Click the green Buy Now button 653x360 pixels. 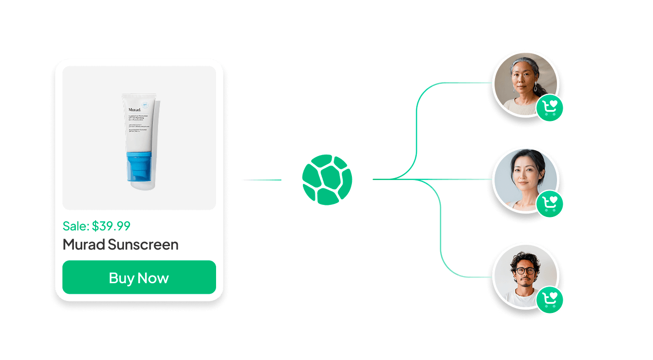point(139,277)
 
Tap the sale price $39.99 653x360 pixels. point(111,226)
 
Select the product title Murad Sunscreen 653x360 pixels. point(121,244)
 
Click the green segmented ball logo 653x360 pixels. point(327,180)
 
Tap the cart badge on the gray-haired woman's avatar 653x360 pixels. point(550,108)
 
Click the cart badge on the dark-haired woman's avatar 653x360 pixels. point(550,204)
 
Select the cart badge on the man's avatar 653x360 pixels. point(550,300)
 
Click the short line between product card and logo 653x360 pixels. point(262,180)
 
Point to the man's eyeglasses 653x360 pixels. point(526,270)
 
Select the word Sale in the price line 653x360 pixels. point(75,226)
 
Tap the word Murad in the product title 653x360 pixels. point(84,244)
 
